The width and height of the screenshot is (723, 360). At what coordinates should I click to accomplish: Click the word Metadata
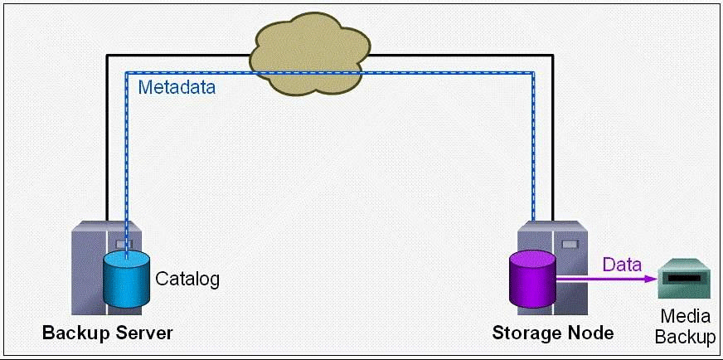177,87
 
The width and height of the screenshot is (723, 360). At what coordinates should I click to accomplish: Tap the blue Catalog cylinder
126,283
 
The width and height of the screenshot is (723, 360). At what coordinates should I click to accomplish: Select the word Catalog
188,279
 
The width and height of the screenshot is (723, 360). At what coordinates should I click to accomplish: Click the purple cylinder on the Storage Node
532,283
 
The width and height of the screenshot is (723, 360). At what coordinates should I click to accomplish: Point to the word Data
622,265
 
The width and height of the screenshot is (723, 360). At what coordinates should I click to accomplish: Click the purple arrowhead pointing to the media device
650,280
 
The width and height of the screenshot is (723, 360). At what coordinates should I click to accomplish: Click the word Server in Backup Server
143,333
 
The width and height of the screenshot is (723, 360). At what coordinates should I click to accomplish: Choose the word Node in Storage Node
592,333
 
